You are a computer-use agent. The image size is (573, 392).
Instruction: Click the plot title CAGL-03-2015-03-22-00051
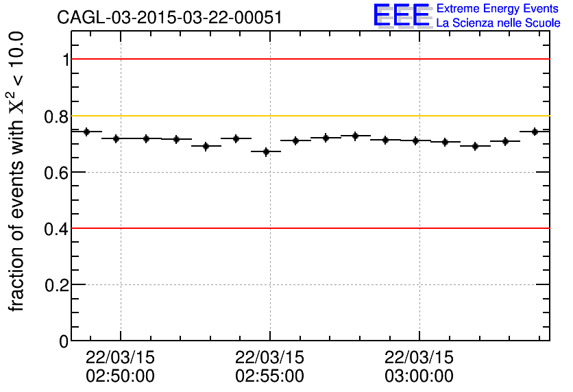[x=169, y=18]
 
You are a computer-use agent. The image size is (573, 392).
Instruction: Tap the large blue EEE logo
[x=402, y=15]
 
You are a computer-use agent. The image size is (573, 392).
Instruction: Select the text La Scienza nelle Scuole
[x=498, y=23]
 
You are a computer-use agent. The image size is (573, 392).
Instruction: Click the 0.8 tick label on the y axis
[x=56, y=117]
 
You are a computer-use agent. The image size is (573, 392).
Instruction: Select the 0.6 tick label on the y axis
[x=56, y=173]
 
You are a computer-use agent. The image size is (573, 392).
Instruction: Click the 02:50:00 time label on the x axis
[x=121, y=376]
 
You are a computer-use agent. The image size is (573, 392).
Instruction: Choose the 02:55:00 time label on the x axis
[x=269, y=376]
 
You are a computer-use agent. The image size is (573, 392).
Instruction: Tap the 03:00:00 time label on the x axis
[x=419, y=376]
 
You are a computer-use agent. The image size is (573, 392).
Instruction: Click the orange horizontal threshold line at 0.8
[x=308, y=116]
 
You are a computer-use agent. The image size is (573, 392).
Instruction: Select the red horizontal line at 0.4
[x=308, y=228]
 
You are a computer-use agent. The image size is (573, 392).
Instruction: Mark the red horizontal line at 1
[x=308, y=60]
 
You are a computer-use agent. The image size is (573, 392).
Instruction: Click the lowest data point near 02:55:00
[x=266, y=151]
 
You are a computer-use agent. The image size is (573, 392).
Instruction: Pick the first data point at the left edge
[x=86, y=132]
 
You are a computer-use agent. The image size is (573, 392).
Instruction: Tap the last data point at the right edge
[x=535, y=132]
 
